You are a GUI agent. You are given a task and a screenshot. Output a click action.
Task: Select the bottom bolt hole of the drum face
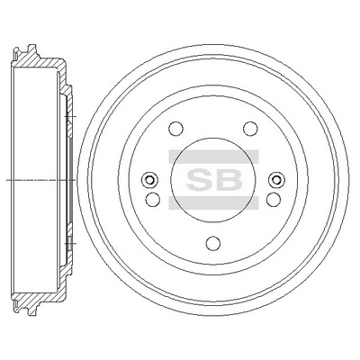pos(211,241)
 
